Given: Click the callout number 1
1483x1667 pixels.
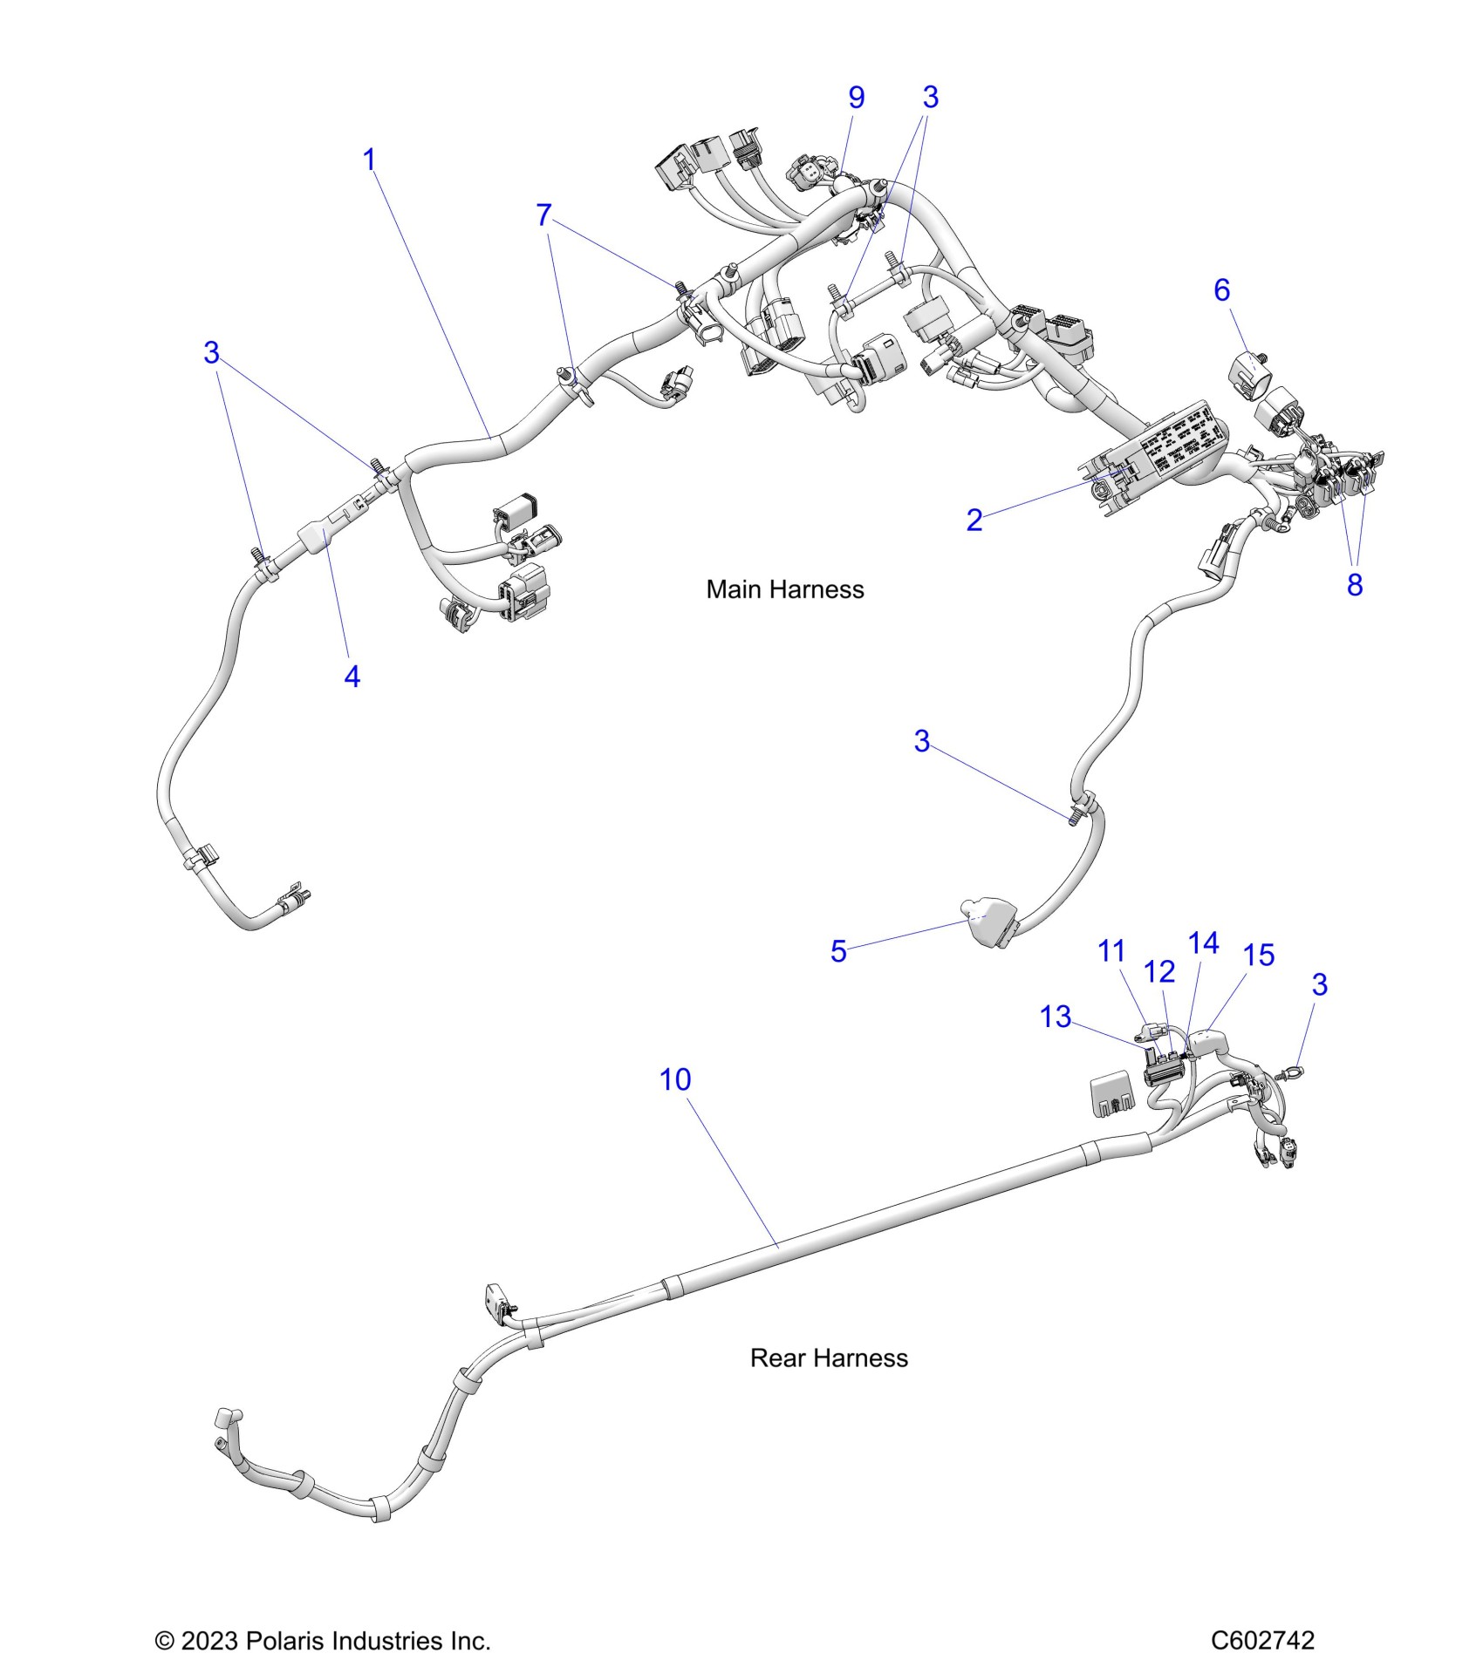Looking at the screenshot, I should tap(369, 160).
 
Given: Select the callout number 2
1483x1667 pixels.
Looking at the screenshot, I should tap(974, 521).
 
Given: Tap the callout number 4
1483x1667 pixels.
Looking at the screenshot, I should tap(352, 677).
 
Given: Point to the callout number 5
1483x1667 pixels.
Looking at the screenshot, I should tap(838, 951).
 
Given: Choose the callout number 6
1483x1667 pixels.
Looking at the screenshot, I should tap(1221, 290).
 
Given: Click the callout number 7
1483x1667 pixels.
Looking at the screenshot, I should tap(543, 214).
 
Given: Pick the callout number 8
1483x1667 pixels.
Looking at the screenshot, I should tap(1354, 585).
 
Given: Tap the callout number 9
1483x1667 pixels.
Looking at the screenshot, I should tap(857, 98).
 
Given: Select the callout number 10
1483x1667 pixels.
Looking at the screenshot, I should tap(675, 1080).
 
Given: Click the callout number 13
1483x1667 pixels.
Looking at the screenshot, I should tap(1056, 1017).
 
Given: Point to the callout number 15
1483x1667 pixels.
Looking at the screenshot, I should tap(1259, 956).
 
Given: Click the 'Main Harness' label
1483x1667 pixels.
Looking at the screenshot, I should tap(784, 590).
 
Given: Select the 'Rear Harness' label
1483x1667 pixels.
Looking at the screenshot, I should tap(828, 1358).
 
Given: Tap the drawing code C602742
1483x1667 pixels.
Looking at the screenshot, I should tap(1261, 1641).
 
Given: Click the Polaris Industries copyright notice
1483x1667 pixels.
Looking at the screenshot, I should tap(323, 1641).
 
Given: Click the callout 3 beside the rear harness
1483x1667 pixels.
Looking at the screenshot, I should tap(1319, 985).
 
